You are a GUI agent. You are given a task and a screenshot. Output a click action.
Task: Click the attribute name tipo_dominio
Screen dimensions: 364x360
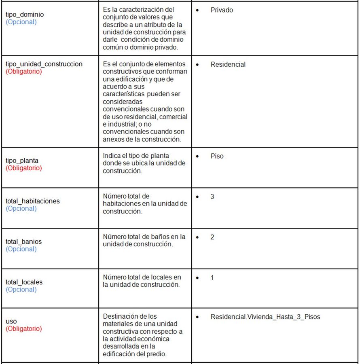[25, 15]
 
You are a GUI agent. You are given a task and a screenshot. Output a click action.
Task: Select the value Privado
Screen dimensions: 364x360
[222, 10]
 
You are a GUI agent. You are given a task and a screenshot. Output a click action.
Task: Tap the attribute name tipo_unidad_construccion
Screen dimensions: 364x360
[44, 64]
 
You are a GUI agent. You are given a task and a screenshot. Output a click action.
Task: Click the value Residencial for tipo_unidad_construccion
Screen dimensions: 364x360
[228, 64]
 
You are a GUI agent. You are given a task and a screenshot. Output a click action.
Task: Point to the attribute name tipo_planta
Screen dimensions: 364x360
[22, 161]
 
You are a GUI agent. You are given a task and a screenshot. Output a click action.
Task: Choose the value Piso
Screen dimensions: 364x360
[217, 156]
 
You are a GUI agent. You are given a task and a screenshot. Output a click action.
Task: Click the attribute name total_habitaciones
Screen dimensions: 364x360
[32, 201]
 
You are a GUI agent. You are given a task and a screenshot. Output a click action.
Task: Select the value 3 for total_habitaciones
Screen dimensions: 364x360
[212, 197]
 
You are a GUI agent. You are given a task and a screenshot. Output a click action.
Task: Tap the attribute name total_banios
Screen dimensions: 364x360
[23, 241]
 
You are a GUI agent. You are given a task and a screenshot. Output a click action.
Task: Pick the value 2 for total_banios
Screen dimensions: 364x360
[212, 237]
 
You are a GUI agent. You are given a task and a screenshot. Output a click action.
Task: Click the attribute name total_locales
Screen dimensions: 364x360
[24, 282]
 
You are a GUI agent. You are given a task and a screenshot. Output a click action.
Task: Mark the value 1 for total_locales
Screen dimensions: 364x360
[212, 278]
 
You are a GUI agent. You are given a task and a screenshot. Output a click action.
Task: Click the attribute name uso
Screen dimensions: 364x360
[11, 322]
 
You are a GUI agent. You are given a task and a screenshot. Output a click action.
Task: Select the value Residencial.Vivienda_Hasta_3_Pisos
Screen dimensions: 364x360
[265, 317]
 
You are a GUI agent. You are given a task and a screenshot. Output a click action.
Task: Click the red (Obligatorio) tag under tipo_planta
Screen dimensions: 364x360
[23, 168]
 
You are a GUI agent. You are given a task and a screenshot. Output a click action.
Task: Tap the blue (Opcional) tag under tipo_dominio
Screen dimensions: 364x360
[21, 22]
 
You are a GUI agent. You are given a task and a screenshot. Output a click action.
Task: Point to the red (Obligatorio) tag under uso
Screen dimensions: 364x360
[23, 329]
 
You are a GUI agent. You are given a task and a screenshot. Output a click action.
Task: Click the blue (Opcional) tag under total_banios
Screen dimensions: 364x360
[21, 249]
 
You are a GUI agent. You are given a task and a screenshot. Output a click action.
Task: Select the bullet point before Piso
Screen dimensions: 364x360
[197, 156]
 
